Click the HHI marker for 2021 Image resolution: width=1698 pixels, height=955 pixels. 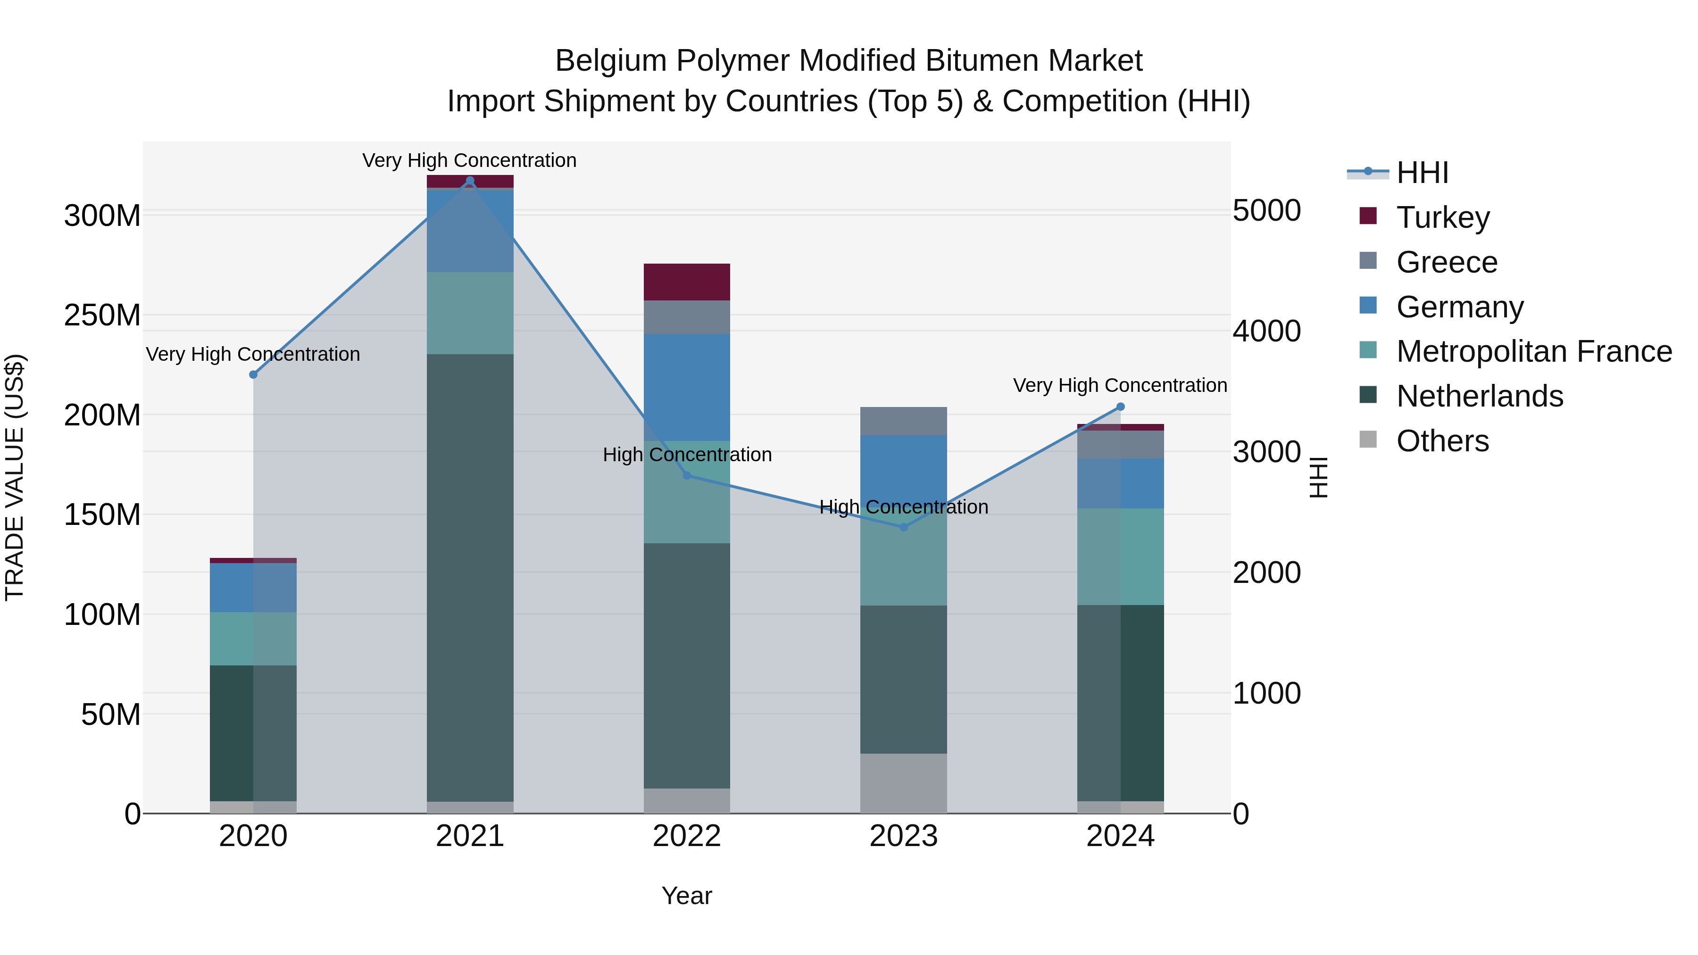pos(470,181)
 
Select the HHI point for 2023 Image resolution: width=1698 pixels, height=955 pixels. pos(904,527)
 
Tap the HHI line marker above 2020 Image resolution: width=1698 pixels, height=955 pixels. pos(253,374)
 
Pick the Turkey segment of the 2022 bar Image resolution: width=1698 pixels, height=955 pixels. pos(686,282)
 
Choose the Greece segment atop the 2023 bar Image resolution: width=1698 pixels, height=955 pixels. pos(903,421)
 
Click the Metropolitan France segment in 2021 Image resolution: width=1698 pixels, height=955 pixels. pos(470,313)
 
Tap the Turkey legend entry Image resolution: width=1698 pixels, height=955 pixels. pos(1442,217)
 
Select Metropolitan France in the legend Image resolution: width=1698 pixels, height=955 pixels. pos(1533,352)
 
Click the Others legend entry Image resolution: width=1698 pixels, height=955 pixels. pos(1442,441)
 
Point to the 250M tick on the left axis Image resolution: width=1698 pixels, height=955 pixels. pos(102,316)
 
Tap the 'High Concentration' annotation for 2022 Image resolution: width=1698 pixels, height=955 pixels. pos(687,455)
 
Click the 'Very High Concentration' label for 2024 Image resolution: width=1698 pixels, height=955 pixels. pos(1119,386)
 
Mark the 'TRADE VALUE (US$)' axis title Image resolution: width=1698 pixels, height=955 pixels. pos(15,477)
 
